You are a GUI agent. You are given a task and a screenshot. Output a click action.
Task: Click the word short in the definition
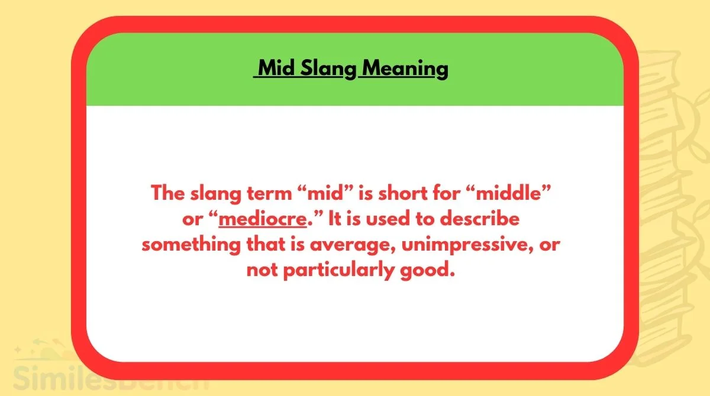[x=402, y=193]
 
